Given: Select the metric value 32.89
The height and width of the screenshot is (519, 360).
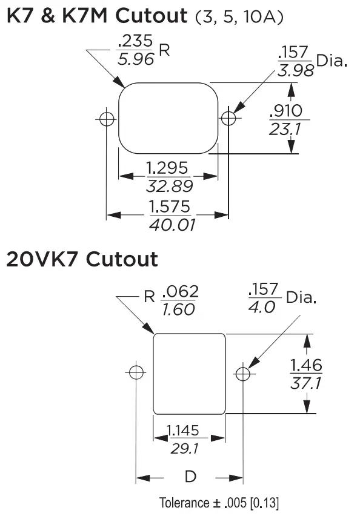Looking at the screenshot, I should [169, 185].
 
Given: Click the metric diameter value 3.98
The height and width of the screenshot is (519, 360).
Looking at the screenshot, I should [295, 70].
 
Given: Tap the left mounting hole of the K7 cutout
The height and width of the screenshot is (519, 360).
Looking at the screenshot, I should [107, 119].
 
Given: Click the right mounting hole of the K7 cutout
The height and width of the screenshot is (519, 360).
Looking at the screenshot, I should [228, 118].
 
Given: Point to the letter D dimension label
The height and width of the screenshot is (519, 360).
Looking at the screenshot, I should [190, 477].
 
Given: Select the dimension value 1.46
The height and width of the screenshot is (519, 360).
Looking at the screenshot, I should [306, 365].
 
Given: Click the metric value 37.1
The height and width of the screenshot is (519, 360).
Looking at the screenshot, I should [306, 384].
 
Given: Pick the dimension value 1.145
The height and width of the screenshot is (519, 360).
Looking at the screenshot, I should [182, 431].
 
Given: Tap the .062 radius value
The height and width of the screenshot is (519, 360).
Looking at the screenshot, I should [179, 292].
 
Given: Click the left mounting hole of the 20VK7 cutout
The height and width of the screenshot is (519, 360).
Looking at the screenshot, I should [136, 372].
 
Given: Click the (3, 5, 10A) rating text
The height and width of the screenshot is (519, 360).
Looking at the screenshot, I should [239, 18].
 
